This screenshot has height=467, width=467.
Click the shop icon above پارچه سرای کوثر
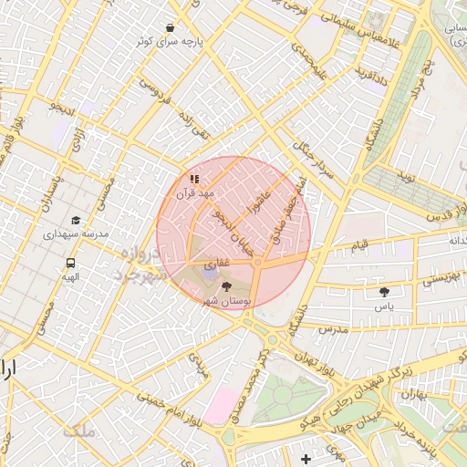point(171,27)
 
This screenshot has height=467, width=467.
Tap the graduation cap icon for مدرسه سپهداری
point(77,220)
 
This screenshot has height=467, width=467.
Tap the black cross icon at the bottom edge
point(305,457)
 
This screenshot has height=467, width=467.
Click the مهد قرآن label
point(195,193)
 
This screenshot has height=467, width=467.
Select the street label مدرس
point(333,327)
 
